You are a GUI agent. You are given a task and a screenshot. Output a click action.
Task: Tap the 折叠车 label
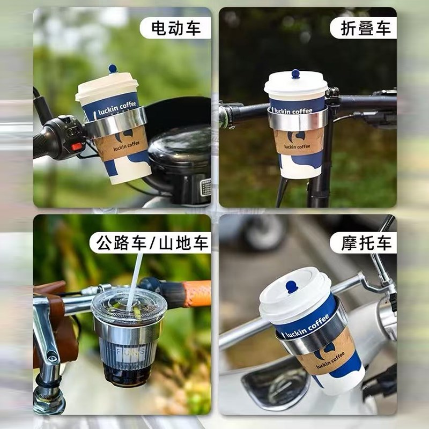click(x=366, y=28)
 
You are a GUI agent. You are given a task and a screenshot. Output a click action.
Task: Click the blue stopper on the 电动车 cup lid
click(x=113, y=69)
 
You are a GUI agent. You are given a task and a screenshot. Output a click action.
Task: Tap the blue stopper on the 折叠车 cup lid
click(x=295, y=73)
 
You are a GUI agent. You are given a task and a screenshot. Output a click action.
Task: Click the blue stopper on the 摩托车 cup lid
click(x=292, y=286)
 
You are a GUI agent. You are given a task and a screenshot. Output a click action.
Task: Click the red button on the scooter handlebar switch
click(x=77, y=146)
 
